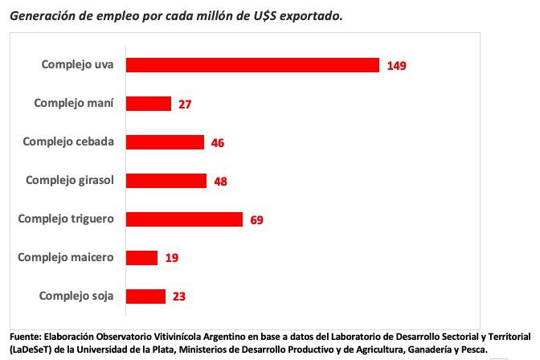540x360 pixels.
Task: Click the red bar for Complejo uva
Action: [x=253, y=65]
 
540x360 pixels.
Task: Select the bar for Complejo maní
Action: [x=149, y=104]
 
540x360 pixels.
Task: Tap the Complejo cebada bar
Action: [x=166, y=142]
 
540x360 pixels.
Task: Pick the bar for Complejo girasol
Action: [x=167, y=181]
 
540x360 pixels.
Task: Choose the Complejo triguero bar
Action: [x=185, y=219]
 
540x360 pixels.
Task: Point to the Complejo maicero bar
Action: [x=143, y=258]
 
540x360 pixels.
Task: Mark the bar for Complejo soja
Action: [x=146, y=297]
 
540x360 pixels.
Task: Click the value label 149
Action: [x=396, y=66]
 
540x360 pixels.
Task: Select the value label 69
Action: [x=256, y=220]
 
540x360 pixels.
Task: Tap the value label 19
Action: [x=171, y=259]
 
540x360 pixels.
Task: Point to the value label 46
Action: [x=217, y=143]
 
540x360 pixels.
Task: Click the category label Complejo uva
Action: [x=78, y=64]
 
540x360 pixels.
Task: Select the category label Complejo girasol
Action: [x=69, y=180]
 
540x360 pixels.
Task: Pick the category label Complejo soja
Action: [x=76, y=296]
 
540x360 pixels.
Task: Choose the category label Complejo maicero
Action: [x=66, y=257]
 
